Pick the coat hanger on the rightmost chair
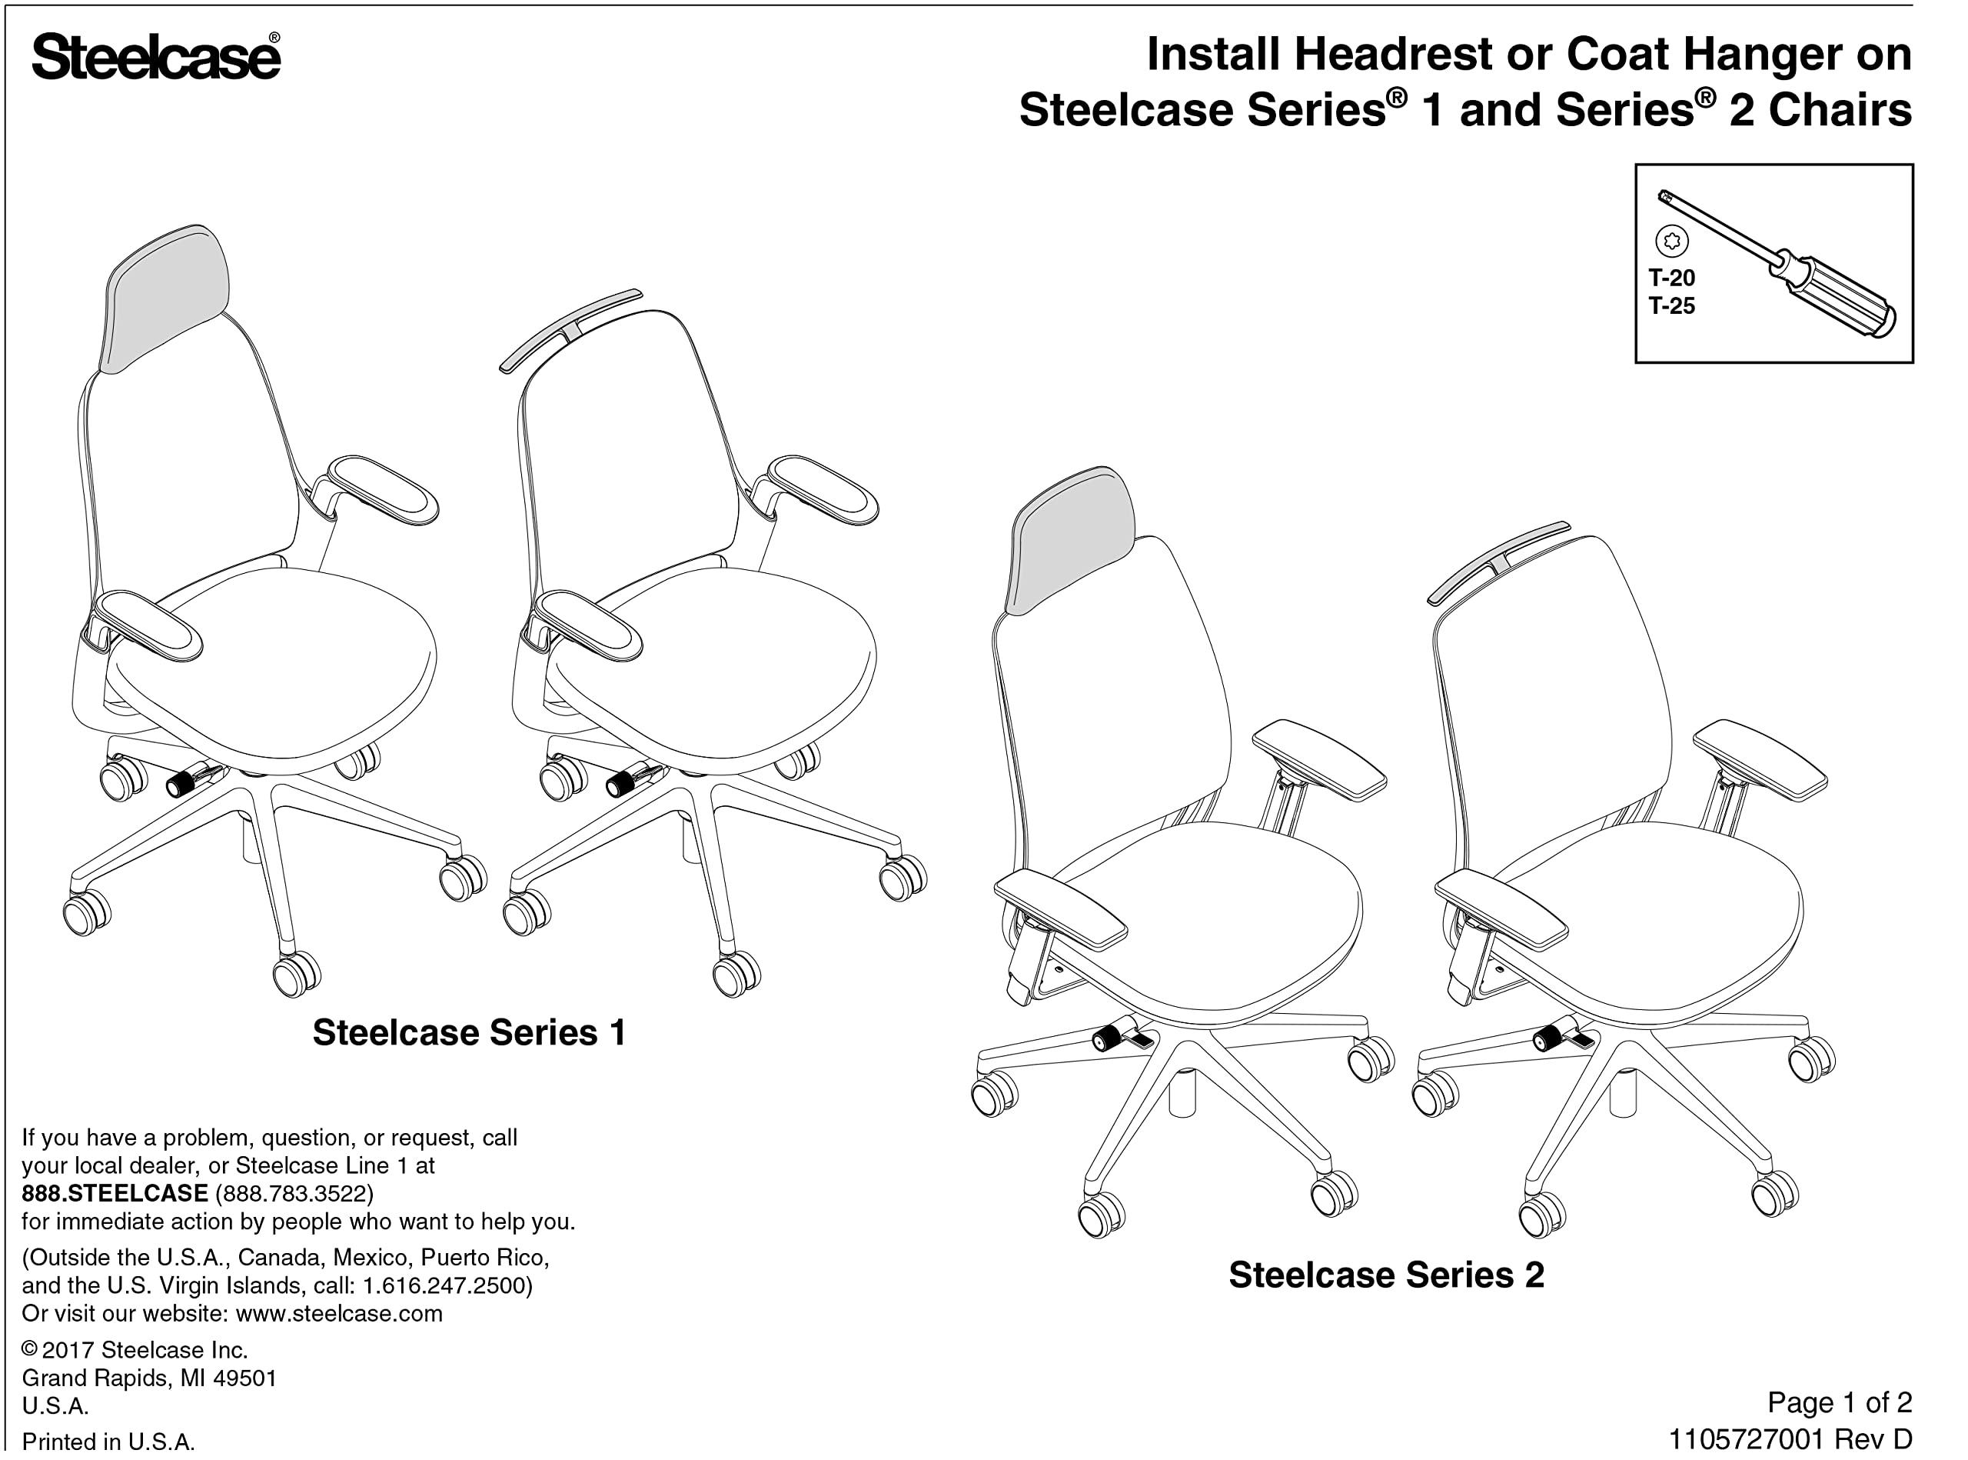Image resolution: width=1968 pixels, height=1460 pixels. (x=1499, y=562)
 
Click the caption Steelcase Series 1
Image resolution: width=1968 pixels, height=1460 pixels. (x=469, y=1032)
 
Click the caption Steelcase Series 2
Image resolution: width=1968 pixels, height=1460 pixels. (x=1386, y=1275)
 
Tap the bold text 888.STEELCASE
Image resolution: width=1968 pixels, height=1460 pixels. (x=115, y=1193)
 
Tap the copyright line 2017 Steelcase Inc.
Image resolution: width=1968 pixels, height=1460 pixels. (x=144, y=1349)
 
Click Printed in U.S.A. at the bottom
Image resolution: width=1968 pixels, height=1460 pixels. (x=108, y=1442)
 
